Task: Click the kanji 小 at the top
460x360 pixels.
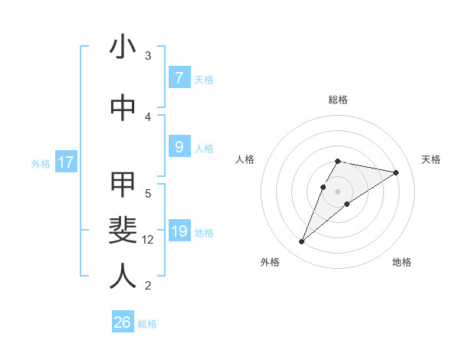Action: click(x=123, y=47)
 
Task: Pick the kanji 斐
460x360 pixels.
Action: click(x=123, y=230)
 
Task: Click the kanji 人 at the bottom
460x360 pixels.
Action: click(x=123, y=276)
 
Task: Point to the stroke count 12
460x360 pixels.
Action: click(x=149, y=240)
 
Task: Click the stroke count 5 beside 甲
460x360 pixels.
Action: click(x=148, y=193)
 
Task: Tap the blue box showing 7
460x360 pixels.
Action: click(x=179, y=77)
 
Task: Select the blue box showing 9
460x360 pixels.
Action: click(x=179, y=147)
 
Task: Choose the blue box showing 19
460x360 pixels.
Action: click(x=179, y=231)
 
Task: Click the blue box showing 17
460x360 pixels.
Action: click(x=65, y=162)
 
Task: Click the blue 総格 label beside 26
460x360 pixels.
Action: click(x=147, y=324)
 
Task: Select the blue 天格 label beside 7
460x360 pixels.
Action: click(x=204, y=79)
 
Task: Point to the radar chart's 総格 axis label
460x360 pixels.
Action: click(x=338, y=100)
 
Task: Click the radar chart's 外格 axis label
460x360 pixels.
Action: click(x=269, y=262)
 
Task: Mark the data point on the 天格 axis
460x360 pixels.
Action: click(x=396, y=172)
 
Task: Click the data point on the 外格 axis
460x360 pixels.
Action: click(x=302, y=242)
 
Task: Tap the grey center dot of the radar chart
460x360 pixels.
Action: click(x=338, y=191)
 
